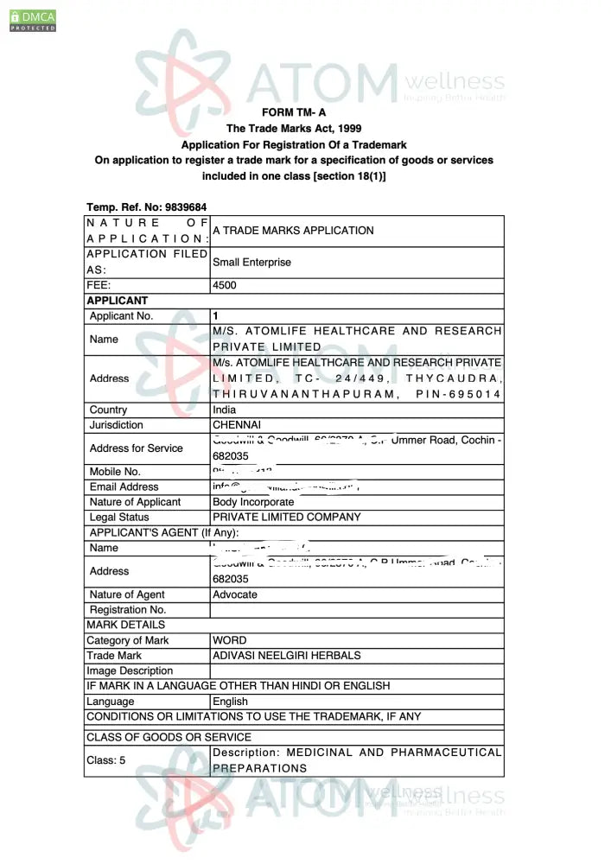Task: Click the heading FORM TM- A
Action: pyautogui.click(x=294, y=112)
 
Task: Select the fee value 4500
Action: pyautogui.click(x=225, y=285)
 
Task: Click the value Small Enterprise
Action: pyautogui.click(x=251, y=262)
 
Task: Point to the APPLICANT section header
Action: pyautogui.click(x=118, y=301)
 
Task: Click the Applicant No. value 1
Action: pyautogui.click(x=216, y=316)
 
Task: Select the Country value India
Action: pyautogui.click(x=224, y=410)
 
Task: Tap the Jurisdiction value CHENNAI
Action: pyautogui.click(x=237, y=425)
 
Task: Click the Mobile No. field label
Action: pyautogui.click(x=115, y=472)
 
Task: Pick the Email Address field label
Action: pyautogui.click(x=124, y=486)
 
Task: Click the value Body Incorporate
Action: pyautogui.click(x=253, y=502)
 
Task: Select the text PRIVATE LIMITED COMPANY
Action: pyautogui.click(x=287, y=517)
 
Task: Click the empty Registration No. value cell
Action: pyautogui.click(x=356, y=610)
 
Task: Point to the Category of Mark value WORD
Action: pyautogui.click(x=230, y=640)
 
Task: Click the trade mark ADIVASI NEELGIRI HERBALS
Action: pyautogui.click(x=287, y=656)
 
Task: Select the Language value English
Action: pyautogui.click(x=230, y=702)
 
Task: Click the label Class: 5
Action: pyautogui.click(x=106, y=760)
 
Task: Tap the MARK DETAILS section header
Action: pyautogui.click(x=125, y=625)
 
